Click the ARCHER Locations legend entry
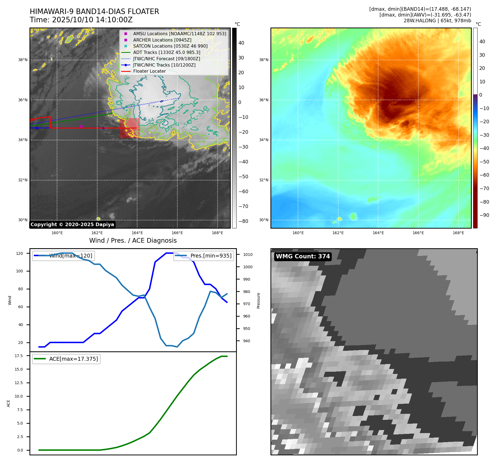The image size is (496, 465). [162, 40]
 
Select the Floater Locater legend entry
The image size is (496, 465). [149, 71]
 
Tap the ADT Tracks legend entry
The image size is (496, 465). [166, 53]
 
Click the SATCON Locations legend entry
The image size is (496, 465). [170, 46]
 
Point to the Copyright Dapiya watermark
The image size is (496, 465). [72, 225]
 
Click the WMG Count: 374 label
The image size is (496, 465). [303, 256]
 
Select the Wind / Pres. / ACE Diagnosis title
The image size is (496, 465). [133, 241]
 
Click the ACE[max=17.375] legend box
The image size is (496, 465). [66, 359]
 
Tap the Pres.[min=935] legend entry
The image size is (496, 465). [204, 256]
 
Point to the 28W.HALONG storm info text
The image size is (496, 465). [437, 21]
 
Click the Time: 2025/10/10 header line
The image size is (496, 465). [81, 20]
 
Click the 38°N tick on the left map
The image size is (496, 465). [23, 60]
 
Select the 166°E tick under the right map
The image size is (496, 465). [418, 233]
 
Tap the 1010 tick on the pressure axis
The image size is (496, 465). [248, 255]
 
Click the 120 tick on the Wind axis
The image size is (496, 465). [20, 253]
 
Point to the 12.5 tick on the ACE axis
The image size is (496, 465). [19, 383]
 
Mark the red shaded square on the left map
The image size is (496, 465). [130, 128]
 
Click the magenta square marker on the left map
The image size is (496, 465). [81, 127]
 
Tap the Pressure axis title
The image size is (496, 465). [258, 300]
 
